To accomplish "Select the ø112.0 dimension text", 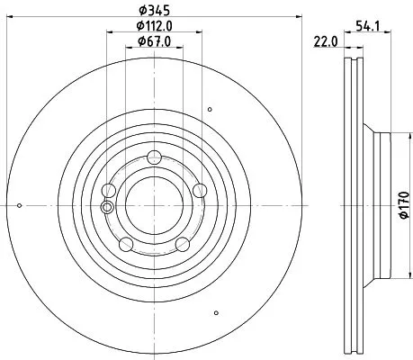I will [154, 26].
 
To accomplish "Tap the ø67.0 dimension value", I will [154, 42].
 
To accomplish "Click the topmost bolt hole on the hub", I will [154, 155].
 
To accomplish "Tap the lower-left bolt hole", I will [126, 244].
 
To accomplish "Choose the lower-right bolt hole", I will [182, 244].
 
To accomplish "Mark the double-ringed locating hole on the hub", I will [108, 208].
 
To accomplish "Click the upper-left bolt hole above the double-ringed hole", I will [109, 190].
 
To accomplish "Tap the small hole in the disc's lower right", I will [216, 313].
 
